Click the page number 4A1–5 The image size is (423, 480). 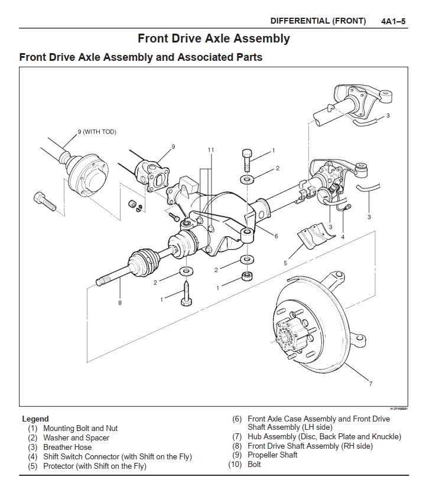coord(393,21)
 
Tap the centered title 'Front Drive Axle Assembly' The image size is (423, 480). coord(213,39)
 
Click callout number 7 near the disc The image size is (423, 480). coord(370,384)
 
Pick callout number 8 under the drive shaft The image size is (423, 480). coord(120,303)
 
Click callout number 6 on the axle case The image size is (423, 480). coord(275,236)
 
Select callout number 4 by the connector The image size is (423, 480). coord(343,237)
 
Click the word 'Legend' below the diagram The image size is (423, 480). coord(35,419)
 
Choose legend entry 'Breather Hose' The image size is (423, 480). coord(67,448)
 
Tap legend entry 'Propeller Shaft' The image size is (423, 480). coord(272,455)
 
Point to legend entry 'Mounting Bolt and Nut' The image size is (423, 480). coord(80,429)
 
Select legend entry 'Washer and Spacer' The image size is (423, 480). coord(76,438)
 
